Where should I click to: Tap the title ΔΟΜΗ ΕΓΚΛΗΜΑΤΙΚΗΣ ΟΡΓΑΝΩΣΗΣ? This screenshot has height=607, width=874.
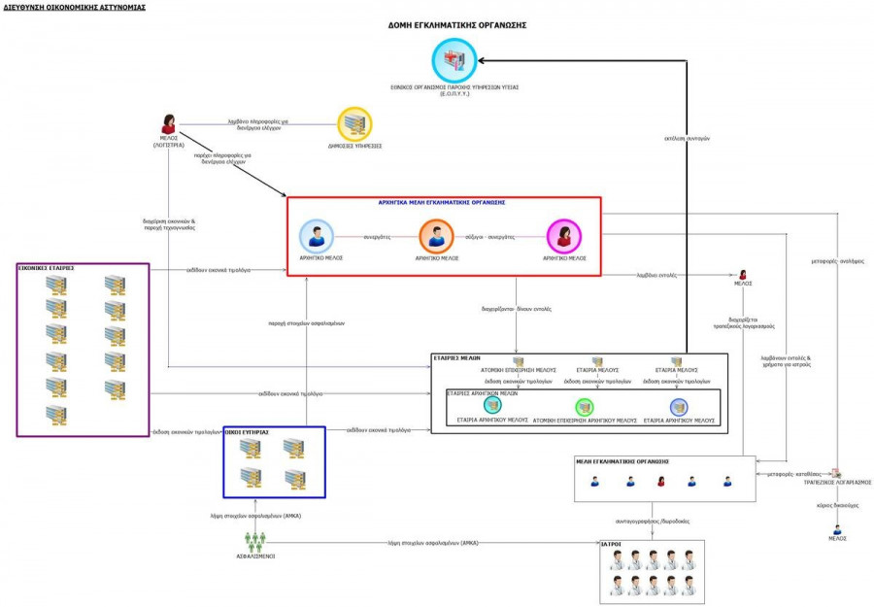click(456, 24)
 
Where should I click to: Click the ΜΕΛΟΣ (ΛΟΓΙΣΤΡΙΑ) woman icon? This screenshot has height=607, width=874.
click(168, 124)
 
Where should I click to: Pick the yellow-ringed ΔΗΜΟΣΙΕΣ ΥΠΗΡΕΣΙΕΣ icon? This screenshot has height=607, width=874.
click(354, 124)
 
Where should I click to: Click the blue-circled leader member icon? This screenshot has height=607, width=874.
click(316, 236)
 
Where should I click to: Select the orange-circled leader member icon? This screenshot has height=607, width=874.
click(436, 236)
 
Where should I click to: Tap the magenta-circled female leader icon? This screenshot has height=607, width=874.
click(563, 236)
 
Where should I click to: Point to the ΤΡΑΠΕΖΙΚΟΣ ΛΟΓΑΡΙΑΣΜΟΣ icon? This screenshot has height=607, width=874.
click(836, 473)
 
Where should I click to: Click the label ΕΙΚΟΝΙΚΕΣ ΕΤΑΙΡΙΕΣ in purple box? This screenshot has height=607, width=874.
click(46, 267)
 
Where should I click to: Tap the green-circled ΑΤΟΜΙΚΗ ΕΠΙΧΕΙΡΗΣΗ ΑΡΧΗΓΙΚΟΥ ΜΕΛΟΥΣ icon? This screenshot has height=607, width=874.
click(586, 407)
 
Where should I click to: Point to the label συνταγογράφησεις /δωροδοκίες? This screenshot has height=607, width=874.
click(653, 521)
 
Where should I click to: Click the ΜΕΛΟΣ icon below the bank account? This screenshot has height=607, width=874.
click(836, 529)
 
